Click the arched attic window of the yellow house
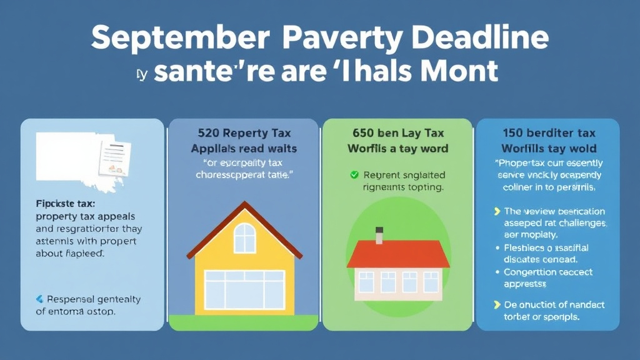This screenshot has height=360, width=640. coord(244,238)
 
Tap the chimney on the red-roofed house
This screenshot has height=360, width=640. coord(379,235)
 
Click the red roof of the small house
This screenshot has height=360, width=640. coord(397,253)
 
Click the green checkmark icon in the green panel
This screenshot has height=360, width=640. coord(354,175)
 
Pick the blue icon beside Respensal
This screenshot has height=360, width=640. coord(40,299)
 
